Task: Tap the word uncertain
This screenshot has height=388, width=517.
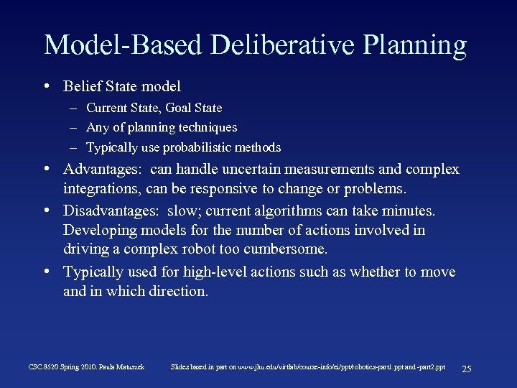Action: tap(251, 170)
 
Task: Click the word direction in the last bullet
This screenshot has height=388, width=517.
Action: tap(179, 291)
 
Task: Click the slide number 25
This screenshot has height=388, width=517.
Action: tap(466, 369)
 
